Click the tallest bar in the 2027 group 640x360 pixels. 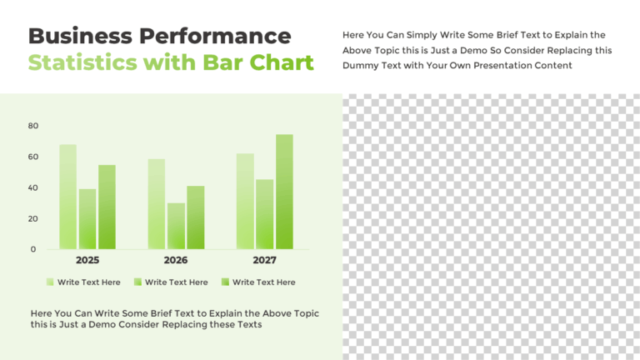coord(284,192)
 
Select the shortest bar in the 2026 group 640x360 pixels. coord(176,226)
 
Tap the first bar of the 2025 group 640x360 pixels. coord(67,197)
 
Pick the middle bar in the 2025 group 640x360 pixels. coord(87,218)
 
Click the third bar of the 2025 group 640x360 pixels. coord(107,207)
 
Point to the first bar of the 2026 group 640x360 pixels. coord(156,204)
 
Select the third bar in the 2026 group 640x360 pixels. coord(196,217)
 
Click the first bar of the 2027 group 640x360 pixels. coord(245,201)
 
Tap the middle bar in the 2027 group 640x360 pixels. coord(265,214)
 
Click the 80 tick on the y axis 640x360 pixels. coord(33,126)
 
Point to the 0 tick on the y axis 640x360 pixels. coord(33,249)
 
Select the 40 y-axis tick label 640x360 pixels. coord(33,187)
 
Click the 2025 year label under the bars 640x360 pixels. coord(87,261)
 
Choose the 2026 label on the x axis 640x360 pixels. coord(176,261)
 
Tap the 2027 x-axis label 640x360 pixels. coord(265,261)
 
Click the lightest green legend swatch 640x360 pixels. coord(51,282)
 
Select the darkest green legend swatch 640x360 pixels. coord(225,282)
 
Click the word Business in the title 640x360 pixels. coord(80,36)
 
